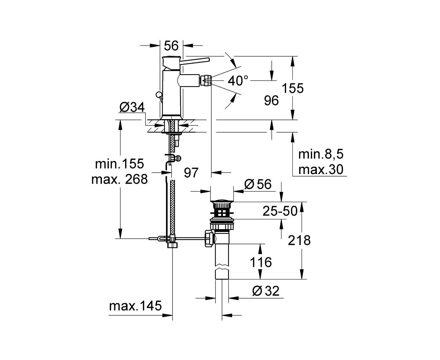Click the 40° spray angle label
(238, 81)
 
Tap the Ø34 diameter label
(132, 108)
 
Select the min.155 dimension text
(119, 163)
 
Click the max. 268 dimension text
(119, 179)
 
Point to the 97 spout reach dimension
(191, 173)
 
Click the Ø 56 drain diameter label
(258, 184)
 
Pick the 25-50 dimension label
(280, 211)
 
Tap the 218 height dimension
(299, 240)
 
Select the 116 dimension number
(261, 262)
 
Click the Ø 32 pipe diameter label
(266, 291)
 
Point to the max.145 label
(135, 306)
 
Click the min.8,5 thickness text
(321, 154)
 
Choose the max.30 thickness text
(321, 169)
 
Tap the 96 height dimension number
(271, 101)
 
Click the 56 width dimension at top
(171, 46)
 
